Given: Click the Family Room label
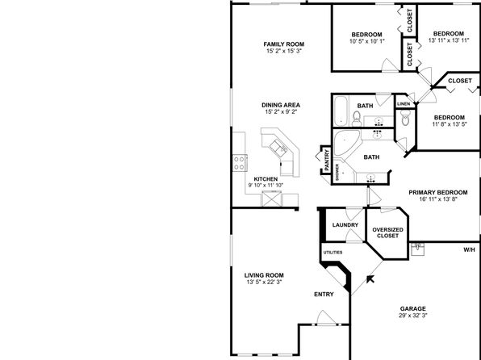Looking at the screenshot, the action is pos(284,44).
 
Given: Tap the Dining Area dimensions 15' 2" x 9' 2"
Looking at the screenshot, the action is pos(281,111).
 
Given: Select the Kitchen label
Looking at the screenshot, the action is pos(266,179).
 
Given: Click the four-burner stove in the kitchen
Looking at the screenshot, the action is pos(240,163).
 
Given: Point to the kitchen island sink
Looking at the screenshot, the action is pos(278,149).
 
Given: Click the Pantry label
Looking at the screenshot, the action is pos(327,160).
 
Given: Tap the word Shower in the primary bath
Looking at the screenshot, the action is pos(337,172).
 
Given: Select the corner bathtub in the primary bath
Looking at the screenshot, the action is pos(346,142).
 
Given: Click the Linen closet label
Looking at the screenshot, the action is pos(404,104).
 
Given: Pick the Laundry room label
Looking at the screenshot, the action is pos(345,225).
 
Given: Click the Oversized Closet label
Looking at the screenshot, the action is pos(387,232).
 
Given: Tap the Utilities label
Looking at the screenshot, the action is pos(333,253).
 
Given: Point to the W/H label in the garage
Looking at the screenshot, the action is pos(469,250).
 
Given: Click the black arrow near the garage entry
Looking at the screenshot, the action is pos(370,279).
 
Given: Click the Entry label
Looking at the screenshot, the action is pos(324,295).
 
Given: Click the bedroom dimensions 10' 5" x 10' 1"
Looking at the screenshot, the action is pos(367,41).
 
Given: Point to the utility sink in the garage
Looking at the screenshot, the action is pos(417,249).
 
